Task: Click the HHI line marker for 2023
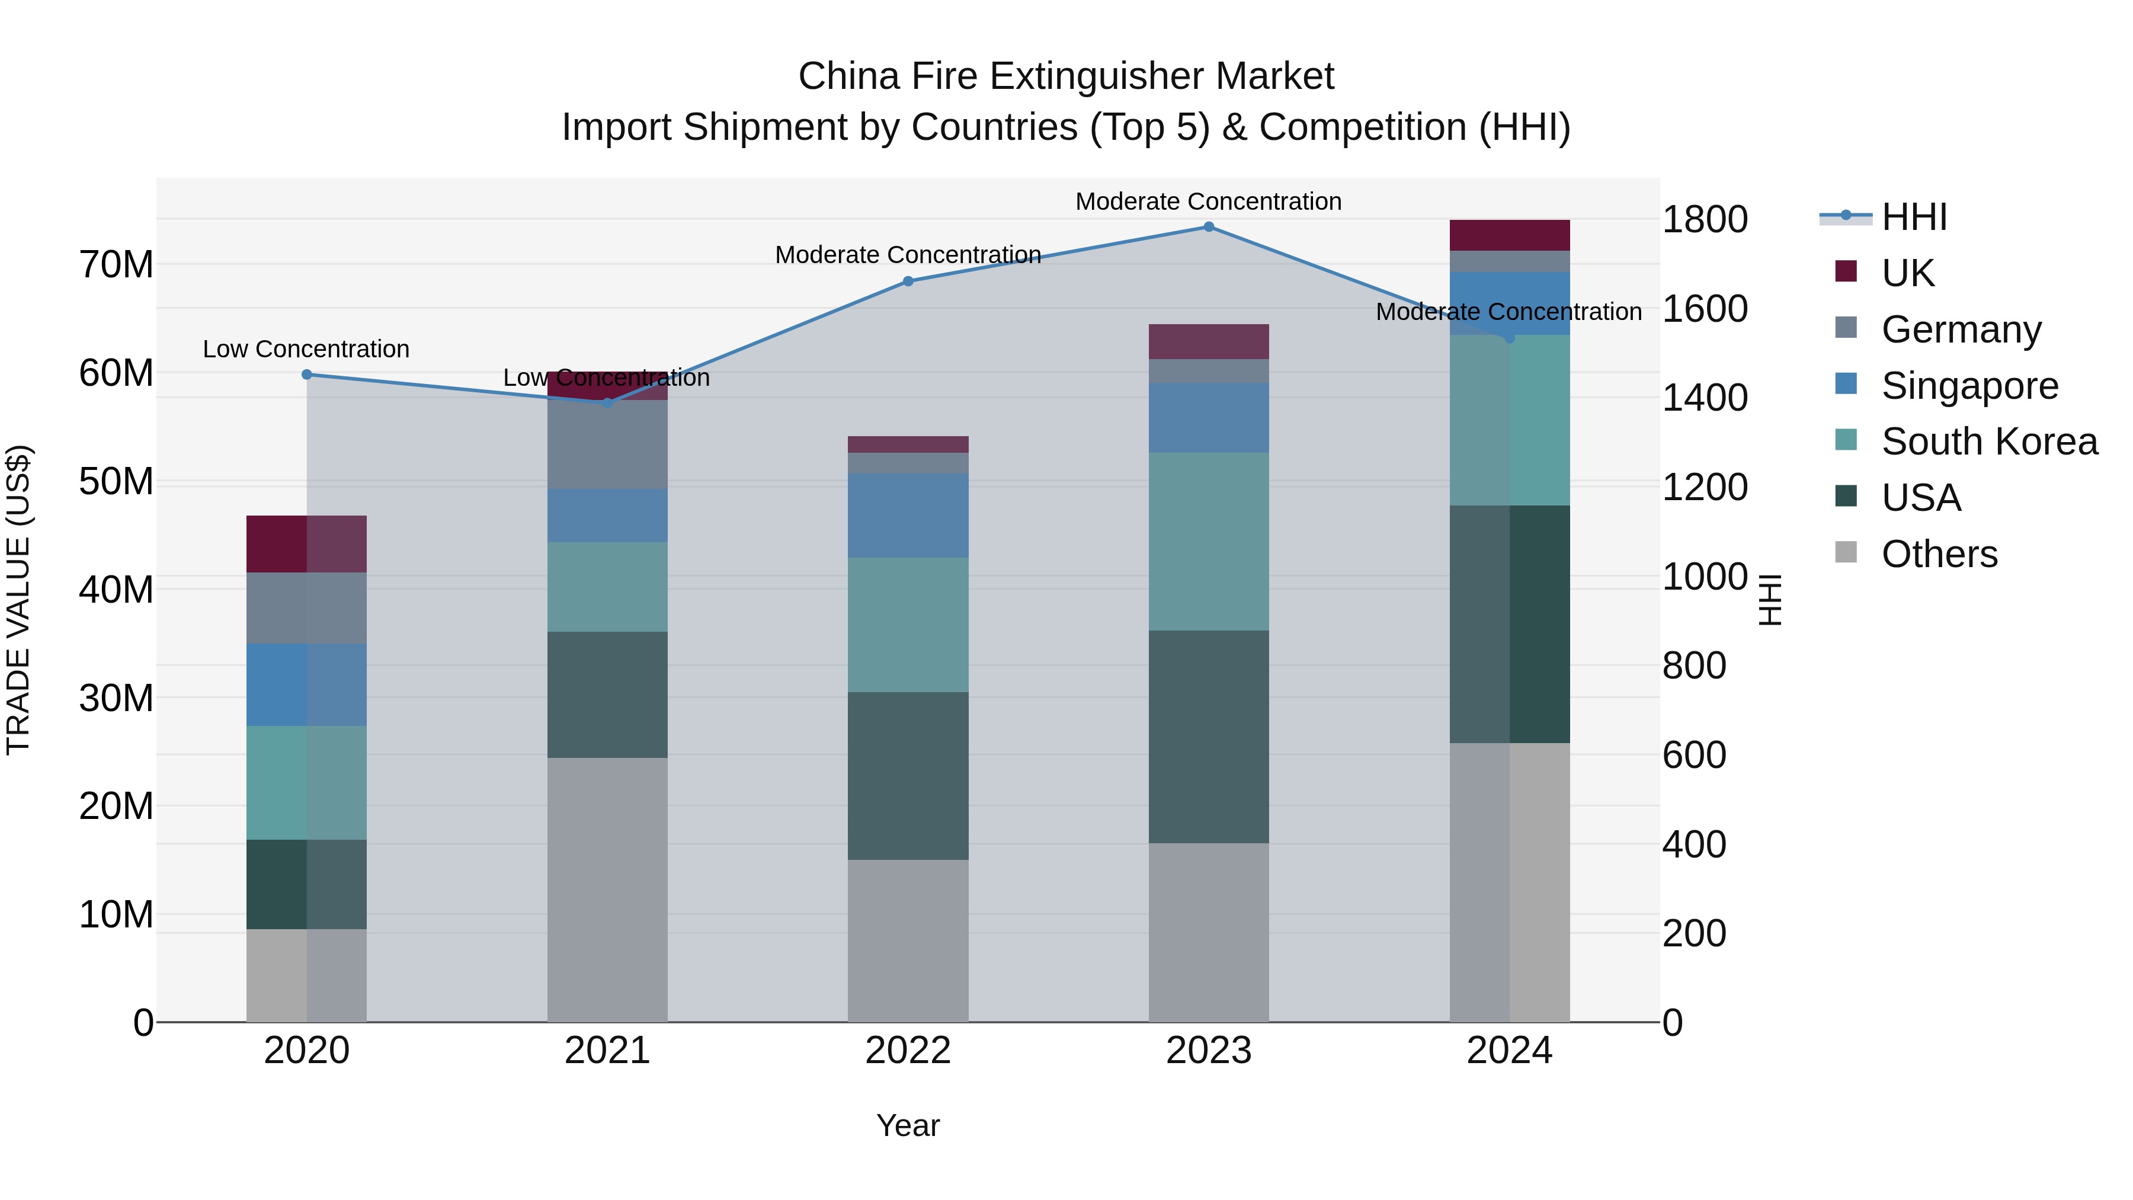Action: coord(1208,227)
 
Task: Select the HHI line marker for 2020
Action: coord(306,375)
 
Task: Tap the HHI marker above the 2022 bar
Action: coord(908,281)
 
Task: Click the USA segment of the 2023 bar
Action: coord(1208,737)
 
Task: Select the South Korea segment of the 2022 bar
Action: coord(908,625)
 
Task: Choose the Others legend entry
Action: coord(1939,554)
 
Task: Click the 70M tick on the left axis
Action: coord(116,265)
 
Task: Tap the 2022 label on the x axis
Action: coord(908,1051)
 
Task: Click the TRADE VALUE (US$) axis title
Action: coord(18,600)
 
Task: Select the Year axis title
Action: coord(908,1125)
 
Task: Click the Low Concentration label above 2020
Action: coord(306,350)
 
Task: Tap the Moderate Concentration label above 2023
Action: coord(1208,201)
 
